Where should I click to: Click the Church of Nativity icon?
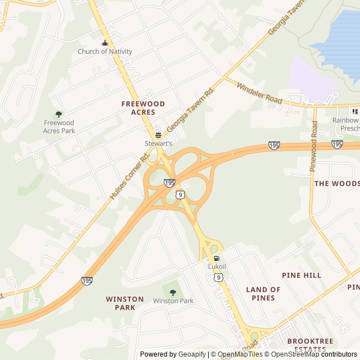coord(104,43)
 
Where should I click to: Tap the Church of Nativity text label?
coord(105,52)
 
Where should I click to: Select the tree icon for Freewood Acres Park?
coord(58,114)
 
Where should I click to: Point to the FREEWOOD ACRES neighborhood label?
coord(143,108)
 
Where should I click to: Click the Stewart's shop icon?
coord(158,135)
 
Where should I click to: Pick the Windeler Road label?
coord(259,93)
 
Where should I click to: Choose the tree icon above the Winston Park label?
coord(173,292)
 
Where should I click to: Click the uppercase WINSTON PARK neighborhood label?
coord(121,303)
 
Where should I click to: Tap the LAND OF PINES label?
coord(263,294)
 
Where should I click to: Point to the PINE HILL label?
coord(301,275)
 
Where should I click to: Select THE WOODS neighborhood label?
coord(336,183)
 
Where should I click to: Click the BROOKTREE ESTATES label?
coord(310,345)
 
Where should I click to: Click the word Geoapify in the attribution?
coord(192,354)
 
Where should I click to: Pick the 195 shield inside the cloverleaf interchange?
coord(169,183)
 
